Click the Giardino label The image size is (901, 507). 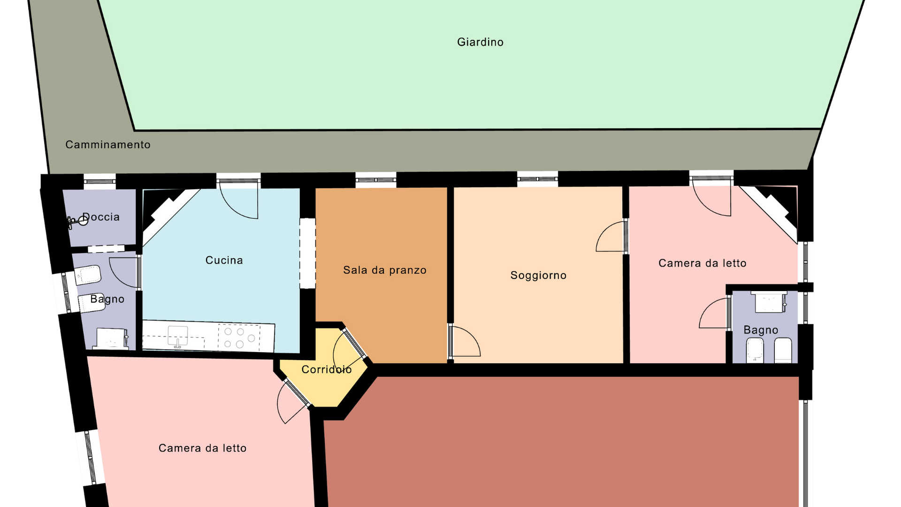tap(480, 42)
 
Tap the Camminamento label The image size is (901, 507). tap(108, 145)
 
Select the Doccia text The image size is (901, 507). tap(101, 217)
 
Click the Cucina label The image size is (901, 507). tap(224, 260)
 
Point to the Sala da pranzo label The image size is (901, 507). tap(385, 270)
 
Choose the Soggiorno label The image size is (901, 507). tap(538, 275)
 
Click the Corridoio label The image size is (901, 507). tap(327, 369)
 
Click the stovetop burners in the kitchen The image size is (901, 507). tap(239, 338)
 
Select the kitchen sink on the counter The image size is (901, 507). tap(178, 336)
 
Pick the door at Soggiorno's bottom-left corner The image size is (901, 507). tap(464, 341)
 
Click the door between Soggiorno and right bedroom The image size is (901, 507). tap(612, 236)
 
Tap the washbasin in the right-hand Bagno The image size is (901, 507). tap(770, 302)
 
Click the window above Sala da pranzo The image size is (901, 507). tap(376, 180)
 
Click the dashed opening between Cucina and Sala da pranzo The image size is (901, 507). tap(308, 253)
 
